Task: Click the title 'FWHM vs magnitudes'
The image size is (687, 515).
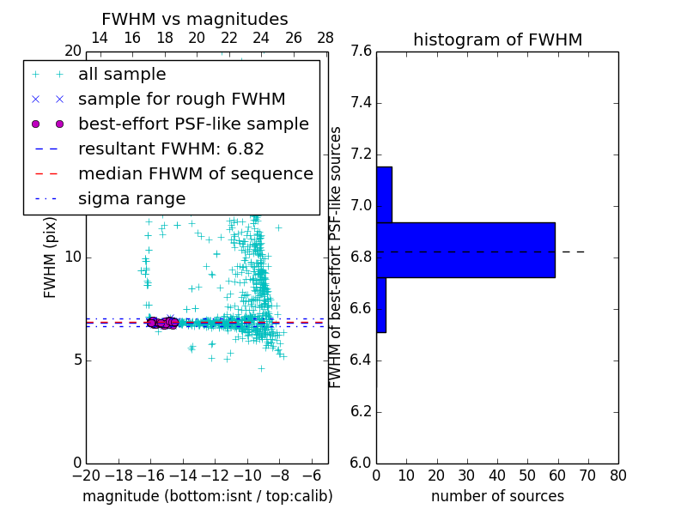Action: [x=195, y=19]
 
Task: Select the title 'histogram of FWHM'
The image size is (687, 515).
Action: [x=497, y=39]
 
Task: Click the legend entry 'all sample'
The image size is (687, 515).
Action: [x=122, y=75]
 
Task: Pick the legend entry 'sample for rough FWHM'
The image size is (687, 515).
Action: [x=181, y=100]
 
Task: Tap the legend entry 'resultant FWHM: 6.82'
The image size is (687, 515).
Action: [x=171, y=149]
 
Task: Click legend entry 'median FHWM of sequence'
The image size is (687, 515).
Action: [x=195, y=174]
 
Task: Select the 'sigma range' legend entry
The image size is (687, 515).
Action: [x=131, y=199]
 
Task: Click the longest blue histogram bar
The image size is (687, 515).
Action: [x=465, y=250]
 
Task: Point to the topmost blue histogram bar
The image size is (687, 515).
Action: [x=384, y=195]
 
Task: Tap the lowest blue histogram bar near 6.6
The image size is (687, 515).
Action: [x=380, y=305]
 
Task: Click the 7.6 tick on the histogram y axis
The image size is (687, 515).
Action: [x=361, y=51]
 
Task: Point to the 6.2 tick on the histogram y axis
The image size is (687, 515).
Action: [x=361, y=411]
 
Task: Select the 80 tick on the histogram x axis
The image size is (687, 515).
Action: [x=617, y=476]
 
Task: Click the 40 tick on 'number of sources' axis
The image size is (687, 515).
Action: [x=497, y=476]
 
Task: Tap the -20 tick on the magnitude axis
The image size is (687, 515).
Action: [x=86, y=476]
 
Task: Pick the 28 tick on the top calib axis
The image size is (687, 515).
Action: [x=325, y=39]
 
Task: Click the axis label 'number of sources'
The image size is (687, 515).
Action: [x=497, y=496]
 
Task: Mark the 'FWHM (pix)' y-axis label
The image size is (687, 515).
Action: [x=51, y=257]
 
